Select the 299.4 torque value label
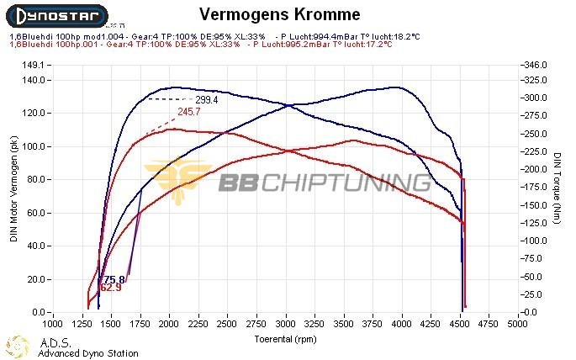pyautogui.click(x=207, y=99)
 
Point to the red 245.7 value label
pyautogui.click(x=189, y=112)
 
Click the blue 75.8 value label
pyautogui.click(x=114, y=279)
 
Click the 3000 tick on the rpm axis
pyautogui.click(x=286, y=322)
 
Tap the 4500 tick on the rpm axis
pyautogui.click(x=461, y=322)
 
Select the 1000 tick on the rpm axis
pyautogui.click(x=53, y=322)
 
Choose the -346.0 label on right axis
pyautogui.click(x=534, y=65)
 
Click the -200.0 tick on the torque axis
pyautogui.click(x=534, y=169)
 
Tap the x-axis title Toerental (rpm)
pyautogui.click(x=285, y=340)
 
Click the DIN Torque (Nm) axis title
pyautogui.click(x=558, y=188)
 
